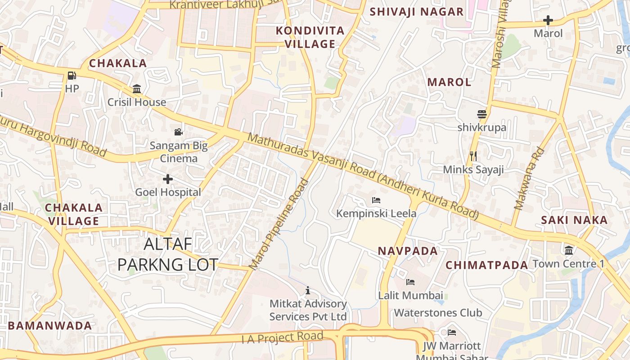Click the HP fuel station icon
point(72,75)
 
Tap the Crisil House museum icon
point(137,89)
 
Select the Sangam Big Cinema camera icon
point(179,132)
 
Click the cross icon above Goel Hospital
point(168,179)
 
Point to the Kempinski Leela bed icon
point(376,200)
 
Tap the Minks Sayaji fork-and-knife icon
point(473,156)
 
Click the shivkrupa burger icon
point(482,114)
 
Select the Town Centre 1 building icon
point(569,250)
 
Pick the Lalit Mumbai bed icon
point(410,282)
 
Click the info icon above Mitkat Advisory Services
point(308,290)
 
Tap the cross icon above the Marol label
point(548,20)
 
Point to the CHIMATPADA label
point(486,265)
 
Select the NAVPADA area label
point(408,251)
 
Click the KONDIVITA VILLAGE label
point(310,37)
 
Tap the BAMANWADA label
point(50,326)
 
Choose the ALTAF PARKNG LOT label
point(167,254)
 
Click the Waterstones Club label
point(438,313)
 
